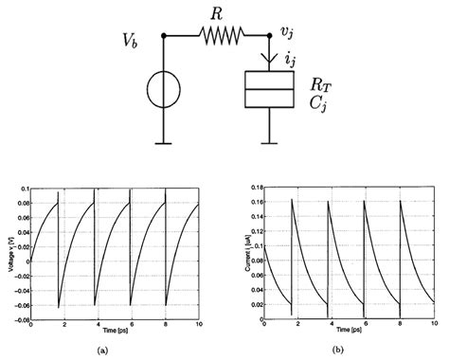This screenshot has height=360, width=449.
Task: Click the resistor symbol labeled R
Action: pos(220,36)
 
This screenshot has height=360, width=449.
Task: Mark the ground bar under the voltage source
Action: pos(164,143)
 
